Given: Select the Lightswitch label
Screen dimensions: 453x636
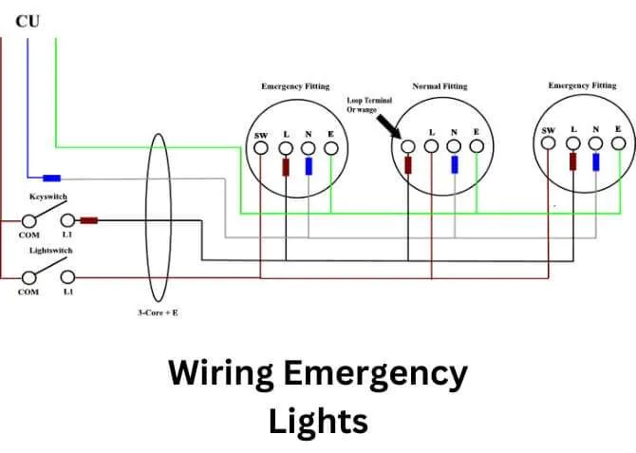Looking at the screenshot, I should coord(50,251).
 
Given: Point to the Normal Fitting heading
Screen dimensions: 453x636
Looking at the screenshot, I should coord(440,86).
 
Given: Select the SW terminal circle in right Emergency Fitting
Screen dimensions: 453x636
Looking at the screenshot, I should coord(549,143).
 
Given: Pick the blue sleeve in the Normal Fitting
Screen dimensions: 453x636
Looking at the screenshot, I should coord(455,164).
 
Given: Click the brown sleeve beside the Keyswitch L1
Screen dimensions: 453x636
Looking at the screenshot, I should coord(89,220).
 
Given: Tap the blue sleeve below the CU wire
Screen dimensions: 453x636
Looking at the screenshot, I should coord(52,178).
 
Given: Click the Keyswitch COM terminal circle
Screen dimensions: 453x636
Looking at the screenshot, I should coord(30,220).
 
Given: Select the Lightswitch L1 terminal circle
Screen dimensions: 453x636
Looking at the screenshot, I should coord(67,276).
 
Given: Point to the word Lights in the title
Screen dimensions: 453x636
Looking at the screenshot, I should coord(318,420).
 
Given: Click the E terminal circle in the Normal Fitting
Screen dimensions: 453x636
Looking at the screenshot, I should coord(477,146).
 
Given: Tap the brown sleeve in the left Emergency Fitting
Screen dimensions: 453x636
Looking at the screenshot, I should coord(286,167).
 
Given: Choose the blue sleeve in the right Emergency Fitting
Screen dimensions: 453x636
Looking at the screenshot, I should coord(596,161).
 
